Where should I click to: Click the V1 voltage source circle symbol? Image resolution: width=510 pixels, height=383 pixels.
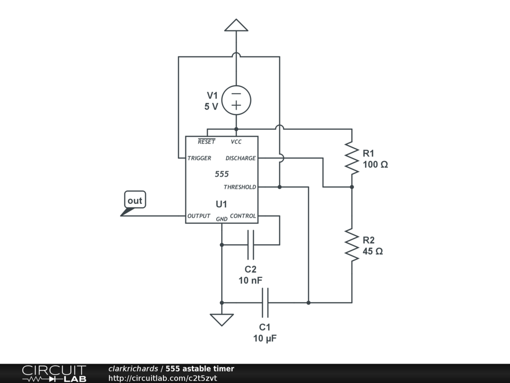click(236, 100)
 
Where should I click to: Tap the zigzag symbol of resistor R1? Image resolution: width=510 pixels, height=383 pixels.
click(352, 158)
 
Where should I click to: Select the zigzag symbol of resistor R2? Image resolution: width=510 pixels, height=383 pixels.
click(352, 245)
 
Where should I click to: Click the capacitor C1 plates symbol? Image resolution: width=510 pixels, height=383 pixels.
click(265, 302)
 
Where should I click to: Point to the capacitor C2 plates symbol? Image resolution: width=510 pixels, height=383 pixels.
click(251, 244)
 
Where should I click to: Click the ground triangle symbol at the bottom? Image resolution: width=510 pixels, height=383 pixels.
click(222, 319)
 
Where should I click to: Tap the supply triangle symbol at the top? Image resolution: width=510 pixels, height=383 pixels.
click(236, 25)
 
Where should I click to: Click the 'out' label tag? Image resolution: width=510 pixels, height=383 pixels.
click(134, 200)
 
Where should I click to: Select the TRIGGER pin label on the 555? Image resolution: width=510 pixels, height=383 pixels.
click(199, 158)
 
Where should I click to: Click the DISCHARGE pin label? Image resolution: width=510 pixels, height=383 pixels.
click(241, 158)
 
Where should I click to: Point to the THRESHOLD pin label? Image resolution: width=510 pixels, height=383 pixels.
click(240, 187)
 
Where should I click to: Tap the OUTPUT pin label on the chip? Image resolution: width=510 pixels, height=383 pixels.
click(199, 216)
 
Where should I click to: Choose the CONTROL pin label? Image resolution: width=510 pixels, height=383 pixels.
click(243, 216)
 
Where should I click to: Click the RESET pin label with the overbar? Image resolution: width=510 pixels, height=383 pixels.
click(206, 142)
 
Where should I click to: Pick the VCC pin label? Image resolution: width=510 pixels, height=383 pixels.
click(236, 142)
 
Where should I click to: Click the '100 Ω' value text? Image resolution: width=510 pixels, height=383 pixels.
click(375, 165)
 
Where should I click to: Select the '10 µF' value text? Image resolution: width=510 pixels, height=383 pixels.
click(264, 338)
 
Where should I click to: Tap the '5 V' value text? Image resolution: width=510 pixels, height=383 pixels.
click(211, 106)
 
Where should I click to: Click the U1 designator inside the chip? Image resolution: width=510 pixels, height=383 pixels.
click(222, 204)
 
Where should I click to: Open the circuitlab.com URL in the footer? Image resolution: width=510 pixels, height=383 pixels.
click(162, 378)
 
